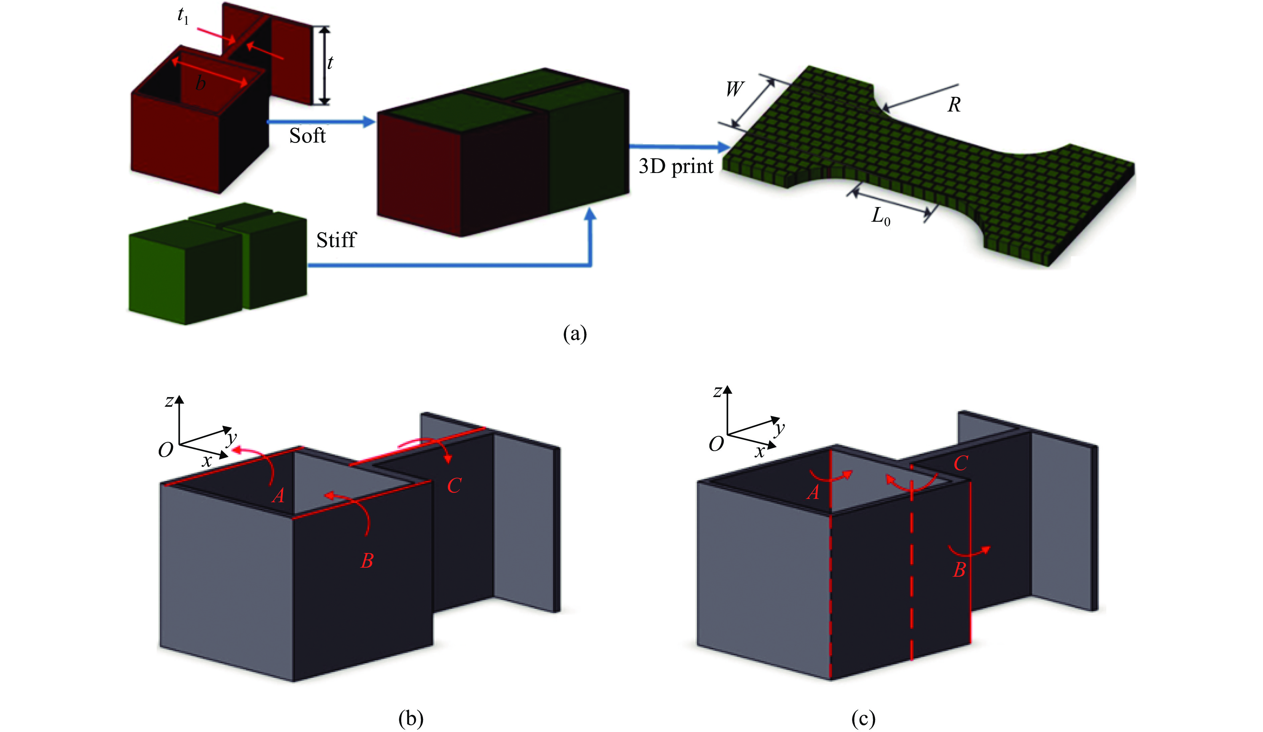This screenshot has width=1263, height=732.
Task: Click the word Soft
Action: pos(307,136)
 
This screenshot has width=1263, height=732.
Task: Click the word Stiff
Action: pos(336,240)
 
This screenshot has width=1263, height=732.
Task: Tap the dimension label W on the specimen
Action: pos(734,89)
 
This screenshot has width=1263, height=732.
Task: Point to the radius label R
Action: pos(954,105)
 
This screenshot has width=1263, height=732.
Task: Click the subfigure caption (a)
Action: pos(574,334)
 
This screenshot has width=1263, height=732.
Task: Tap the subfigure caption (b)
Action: pos(410,718)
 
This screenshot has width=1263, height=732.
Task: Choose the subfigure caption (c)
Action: pos(863,718)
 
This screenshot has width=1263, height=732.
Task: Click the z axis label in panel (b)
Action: pos(169,401)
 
